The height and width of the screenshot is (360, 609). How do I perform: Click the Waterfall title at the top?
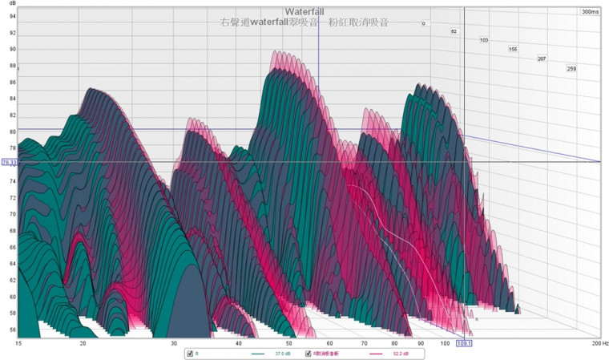coord(304,11)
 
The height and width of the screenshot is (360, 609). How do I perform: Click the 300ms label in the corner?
coord(590,12)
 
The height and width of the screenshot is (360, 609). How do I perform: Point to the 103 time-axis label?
coord(484,40)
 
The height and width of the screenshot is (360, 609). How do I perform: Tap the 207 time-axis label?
coord(542,59)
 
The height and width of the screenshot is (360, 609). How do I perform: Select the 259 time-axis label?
coord(571,69)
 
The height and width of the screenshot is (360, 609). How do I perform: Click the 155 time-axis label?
coord(513,50)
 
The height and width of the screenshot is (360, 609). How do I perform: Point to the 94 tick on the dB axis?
coord(12,33)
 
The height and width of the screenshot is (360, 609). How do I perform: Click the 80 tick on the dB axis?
coord(12,131)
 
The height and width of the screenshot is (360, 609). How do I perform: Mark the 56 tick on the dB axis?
coord(12,330)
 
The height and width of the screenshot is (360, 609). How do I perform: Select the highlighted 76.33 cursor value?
coord(10,162)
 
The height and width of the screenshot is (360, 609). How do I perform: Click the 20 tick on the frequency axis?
coord(83,343)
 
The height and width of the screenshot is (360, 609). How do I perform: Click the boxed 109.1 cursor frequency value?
coord(464,343)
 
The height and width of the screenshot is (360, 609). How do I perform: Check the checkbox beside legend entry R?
coord(189,354)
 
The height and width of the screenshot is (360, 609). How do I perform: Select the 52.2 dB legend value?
coord(400,354)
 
